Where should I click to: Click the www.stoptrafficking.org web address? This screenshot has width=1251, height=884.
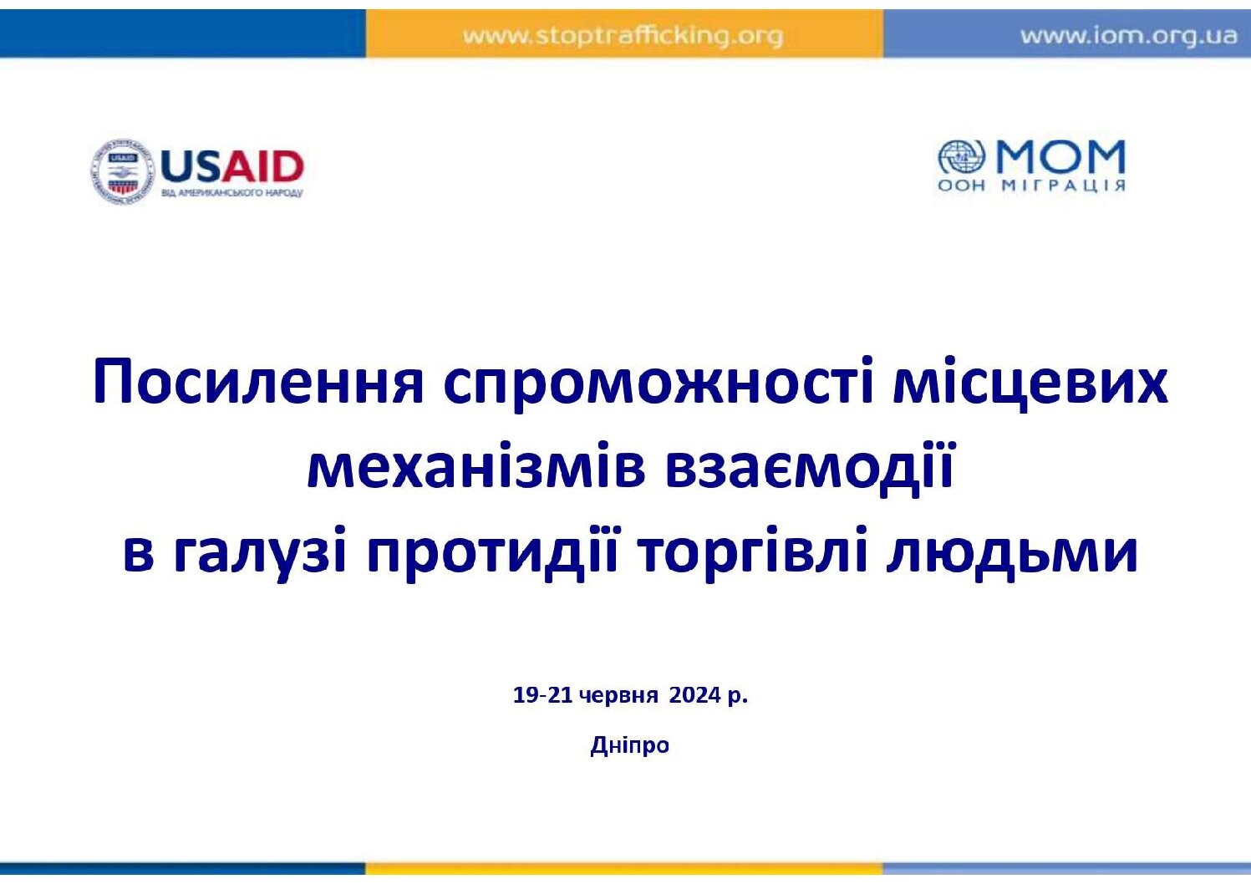[623, 37]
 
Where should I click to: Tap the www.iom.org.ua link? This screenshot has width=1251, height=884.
[1129, 36]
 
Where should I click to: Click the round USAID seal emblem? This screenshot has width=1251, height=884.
[122, 171]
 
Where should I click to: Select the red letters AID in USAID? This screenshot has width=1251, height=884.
[262, 166]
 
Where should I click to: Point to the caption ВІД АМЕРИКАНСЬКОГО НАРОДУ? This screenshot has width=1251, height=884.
[231, 193]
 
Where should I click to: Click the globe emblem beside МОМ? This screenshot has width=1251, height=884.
[962, 156]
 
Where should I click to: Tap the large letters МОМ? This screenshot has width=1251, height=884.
[1060, 157]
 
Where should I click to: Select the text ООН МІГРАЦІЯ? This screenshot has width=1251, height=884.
[1031, 185]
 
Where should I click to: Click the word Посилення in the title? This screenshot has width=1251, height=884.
[258, 383]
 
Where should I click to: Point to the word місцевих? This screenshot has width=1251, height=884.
[1031, 382]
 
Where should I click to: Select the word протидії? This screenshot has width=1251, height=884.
[492, 553]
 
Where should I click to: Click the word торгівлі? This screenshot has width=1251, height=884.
[752, 553]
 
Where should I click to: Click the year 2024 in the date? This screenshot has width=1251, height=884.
[695, 695]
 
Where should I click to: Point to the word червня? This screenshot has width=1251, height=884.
[618, 697]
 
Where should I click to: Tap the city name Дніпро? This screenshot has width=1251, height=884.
[629, 745]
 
